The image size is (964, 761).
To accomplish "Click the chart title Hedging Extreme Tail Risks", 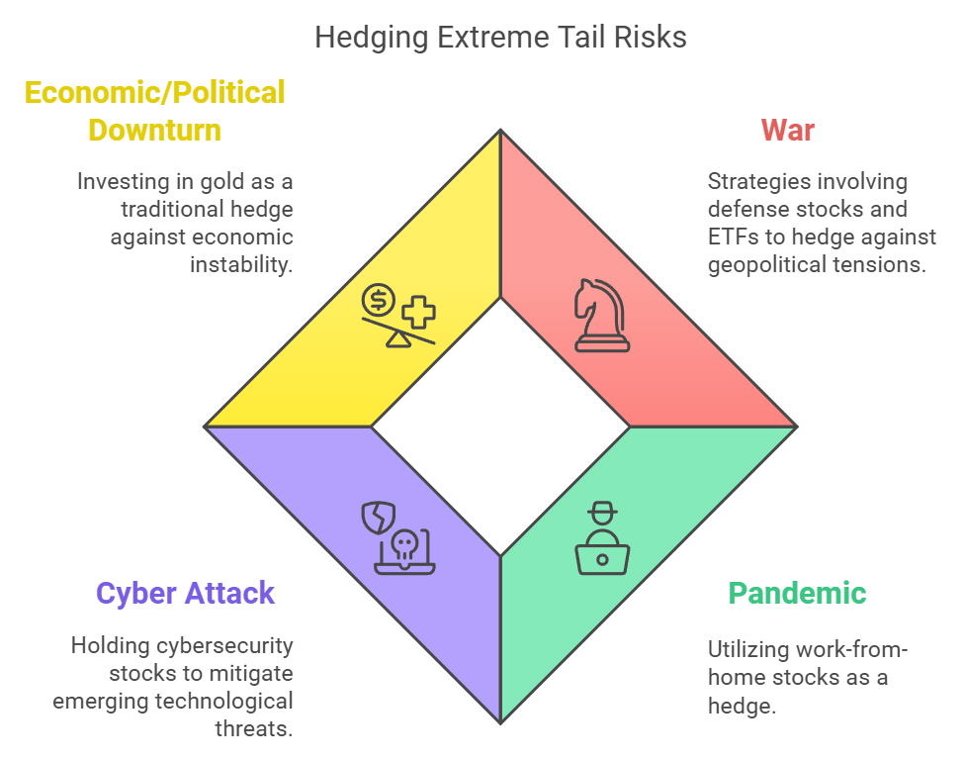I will (500, 38).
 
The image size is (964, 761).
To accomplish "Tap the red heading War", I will (787, 130).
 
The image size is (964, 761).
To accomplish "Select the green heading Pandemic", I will (797, 593).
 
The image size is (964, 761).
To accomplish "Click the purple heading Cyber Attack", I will (185, 593).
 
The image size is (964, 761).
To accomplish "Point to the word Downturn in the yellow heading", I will (154, 130).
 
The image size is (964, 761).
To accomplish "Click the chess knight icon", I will (601, 316).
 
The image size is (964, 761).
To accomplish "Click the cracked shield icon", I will (380, 517).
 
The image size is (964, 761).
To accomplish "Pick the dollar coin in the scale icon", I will (378, 299).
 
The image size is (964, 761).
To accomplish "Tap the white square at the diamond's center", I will (500, 427).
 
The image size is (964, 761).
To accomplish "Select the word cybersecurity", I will (221, 646).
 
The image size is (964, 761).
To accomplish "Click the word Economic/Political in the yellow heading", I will (154, 92).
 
